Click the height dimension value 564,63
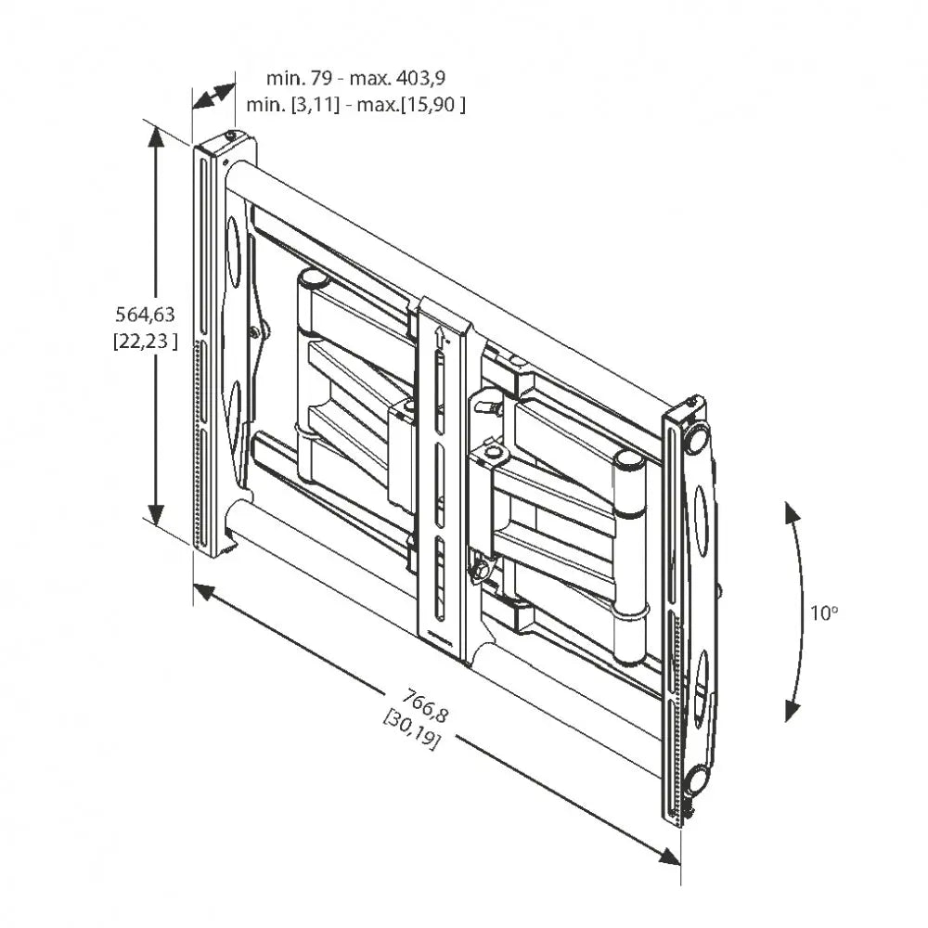tap(144, 315)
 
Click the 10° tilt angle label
tap(823, 612)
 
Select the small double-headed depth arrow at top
tap(213, 97)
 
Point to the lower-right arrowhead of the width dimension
tap(670, 855)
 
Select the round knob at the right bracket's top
tap(697, 435)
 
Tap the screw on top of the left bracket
tap(229, 135)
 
